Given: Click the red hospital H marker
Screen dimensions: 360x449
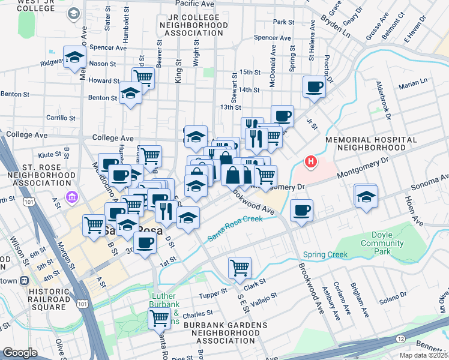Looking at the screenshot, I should [x=311, y=161].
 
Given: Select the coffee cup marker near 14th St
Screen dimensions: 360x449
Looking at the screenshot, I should [x=314, y=87].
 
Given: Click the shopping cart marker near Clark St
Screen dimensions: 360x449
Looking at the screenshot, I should [x=240, y=268].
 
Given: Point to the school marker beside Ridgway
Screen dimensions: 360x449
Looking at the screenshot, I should [x=75, y=58].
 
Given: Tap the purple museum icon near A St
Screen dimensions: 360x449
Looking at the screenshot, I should [x=71, y=197].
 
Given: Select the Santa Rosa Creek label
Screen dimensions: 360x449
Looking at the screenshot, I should [x=235, y=229].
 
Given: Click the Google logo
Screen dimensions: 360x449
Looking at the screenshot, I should [x=20, y=352].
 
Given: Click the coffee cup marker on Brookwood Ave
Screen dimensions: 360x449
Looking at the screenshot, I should [x=301, y=211].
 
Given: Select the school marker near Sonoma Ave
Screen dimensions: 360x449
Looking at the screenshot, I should [x=366, y=196].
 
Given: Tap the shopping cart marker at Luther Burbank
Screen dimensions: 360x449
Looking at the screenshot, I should [x=159, y=319].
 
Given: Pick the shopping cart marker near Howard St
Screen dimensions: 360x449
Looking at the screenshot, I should [x=143, y=77].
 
